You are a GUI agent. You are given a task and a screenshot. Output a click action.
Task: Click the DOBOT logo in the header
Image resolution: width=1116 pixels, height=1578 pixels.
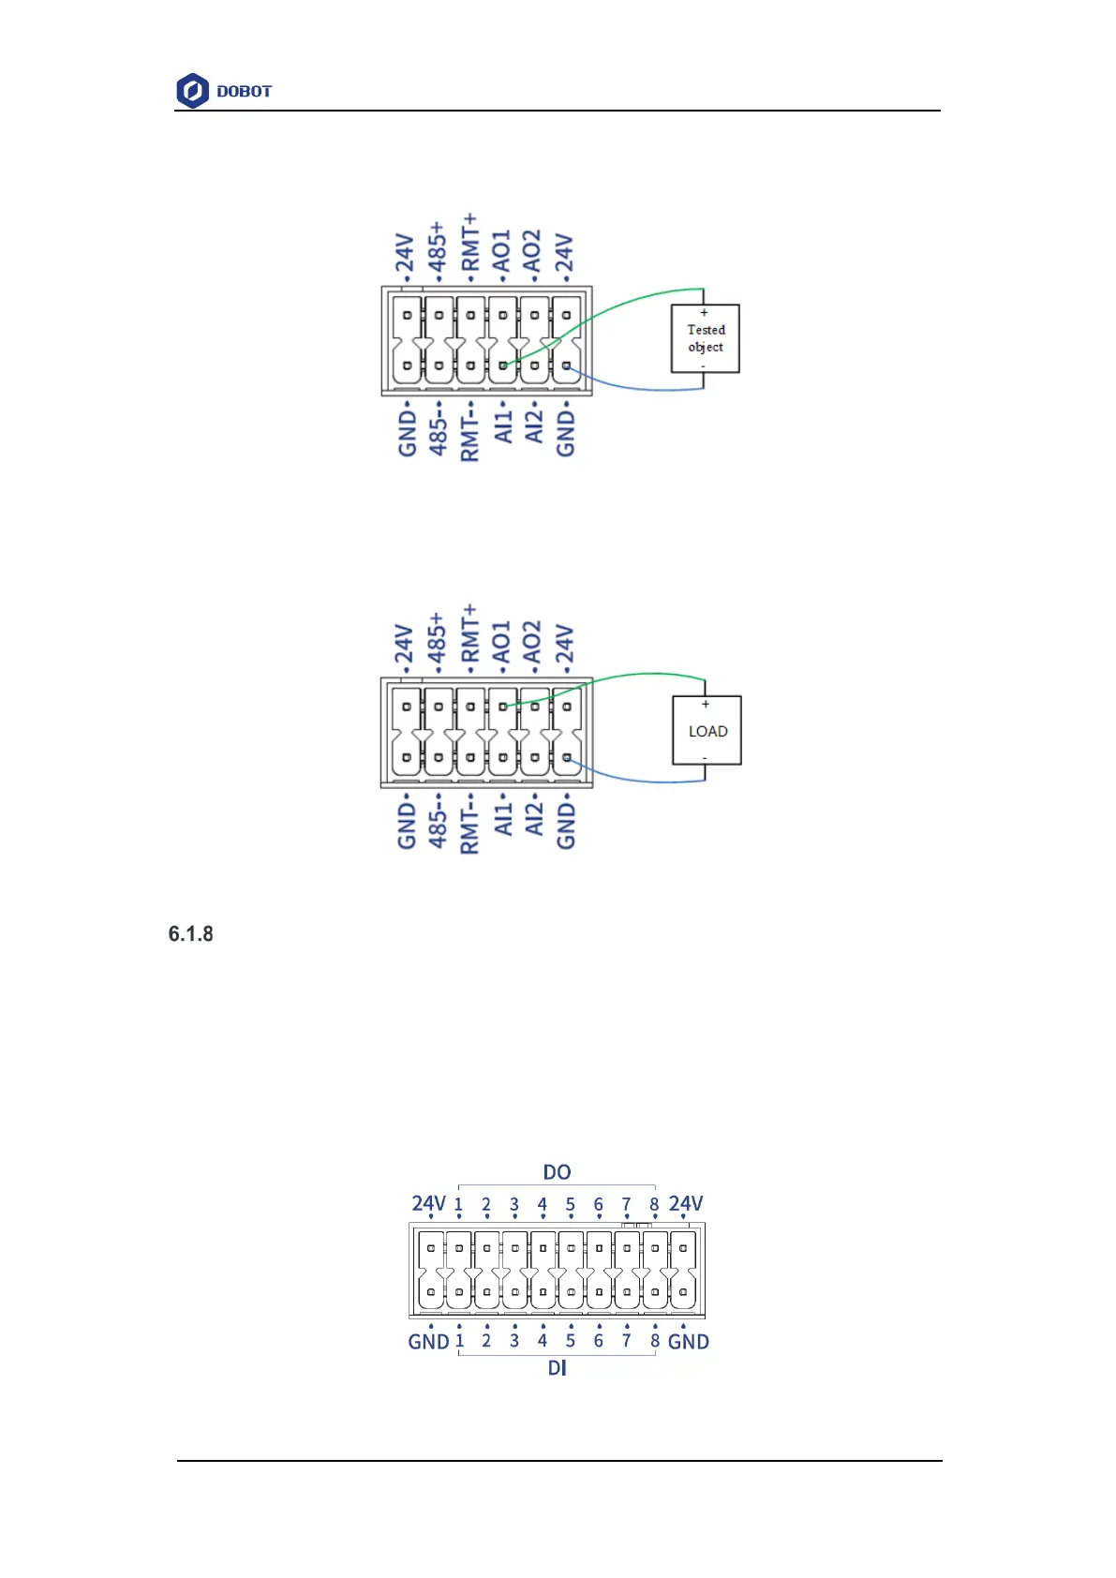coord(224,91)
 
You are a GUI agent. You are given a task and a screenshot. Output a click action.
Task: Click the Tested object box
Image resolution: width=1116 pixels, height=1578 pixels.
coord(706,338)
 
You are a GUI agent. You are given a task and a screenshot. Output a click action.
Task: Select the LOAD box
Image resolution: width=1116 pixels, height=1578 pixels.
coord(707,731)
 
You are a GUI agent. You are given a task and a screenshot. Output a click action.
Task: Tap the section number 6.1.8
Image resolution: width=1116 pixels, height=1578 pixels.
coord(191,934)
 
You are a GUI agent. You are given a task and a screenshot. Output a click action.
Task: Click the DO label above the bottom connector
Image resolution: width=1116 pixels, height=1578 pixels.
coord(557,1172)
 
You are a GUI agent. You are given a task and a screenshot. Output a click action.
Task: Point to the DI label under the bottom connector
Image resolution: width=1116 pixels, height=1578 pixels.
coord(557,1368)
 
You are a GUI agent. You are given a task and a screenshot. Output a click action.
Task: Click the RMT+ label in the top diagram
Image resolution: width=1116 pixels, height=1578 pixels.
coord(469,242)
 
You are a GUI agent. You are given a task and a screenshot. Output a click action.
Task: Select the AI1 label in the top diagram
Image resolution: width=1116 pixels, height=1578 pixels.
coord(503,427)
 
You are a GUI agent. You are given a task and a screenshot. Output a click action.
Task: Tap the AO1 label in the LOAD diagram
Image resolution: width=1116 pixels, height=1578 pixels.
coord(501,642)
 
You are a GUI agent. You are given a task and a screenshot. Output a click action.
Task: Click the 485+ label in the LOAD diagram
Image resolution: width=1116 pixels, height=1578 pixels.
coord(437,638)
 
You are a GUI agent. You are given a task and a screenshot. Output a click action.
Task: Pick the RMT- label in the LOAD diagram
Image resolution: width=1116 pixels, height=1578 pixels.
coord(469,825)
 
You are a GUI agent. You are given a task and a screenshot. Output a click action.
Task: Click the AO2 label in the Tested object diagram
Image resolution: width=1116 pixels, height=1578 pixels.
coord(532,251)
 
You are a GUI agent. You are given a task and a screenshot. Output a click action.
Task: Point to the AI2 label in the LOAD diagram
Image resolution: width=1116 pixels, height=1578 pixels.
coord(533,819)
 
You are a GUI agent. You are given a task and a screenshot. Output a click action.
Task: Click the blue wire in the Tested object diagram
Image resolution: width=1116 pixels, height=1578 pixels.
coord(637,387)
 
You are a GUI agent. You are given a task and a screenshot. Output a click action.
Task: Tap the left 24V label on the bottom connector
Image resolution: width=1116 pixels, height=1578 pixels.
coord(428,1203)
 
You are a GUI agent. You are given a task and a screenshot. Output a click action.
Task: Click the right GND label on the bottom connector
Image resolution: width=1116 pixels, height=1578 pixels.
coord(688,1342)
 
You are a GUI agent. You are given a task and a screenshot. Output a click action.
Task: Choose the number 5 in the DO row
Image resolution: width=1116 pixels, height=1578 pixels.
coord(570,1205)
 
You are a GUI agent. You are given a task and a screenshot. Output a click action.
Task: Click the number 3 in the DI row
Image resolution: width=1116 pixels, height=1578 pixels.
coord(514,1341)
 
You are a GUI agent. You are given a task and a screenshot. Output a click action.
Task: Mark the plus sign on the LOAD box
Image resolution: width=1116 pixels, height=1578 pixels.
coord(706,705)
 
